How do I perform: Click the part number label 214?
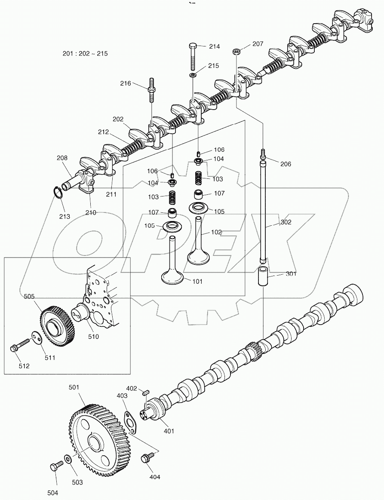coord(214,46)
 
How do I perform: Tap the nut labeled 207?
coord(236,52)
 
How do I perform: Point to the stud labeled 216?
coord(152,90)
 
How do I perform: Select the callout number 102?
coord(216,232)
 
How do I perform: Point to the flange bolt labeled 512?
coord(18,347)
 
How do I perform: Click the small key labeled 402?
coord(145,392)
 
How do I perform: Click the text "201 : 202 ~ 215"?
coord(85,54)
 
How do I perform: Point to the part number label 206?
coord(286,164)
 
